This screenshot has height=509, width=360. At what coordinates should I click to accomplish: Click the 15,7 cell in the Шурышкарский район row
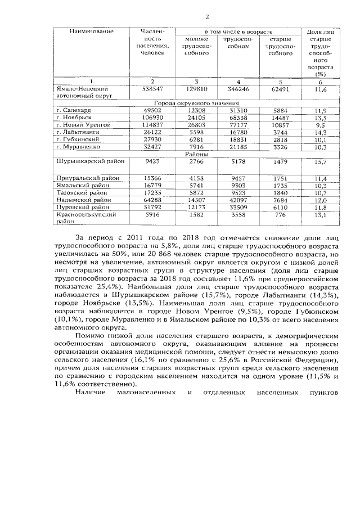(321, 161)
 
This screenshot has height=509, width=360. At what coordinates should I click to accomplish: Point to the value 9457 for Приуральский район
(236, 178)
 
